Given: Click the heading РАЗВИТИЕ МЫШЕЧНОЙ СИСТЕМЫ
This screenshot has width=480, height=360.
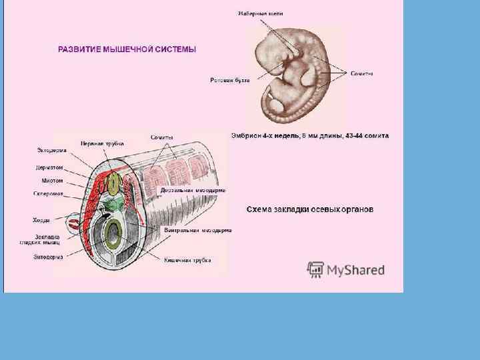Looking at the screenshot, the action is tap(127, 49).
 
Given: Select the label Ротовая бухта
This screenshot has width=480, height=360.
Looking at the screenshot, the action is tap(230, 80).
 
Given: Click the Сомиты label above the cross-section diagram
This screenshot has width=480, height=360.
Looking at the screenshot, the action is tap(162, 137).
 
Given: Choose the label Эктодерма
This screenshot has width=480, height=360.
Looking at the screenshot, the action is tap(51, 150).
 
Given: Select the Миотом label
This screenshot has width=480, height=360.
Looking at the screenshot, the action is tap(52, 180).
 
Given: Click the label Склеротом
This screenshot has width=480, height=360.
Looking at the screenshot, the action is tap(48, 194).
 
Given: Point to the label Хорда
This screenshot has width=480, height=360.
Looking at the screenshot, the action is tap(41, 220).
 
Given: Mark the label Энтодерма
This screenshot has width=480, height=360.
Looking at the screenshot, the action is tap(48, 257).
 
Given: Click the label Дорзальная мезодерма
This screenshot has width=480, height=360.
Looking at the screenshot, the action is tap(193, 190).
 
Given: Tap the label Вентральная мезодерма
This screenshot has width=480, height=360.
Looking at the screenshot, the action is tap(198, 230).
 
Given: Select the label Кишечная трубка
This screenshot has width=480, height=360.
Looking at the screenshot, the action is tap(188, 260).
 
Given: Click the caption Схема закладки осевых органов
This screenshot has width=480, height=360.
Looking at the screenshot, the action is tap(310, 209).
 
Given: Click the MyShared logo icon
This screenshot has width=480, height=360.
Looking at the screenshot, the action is tap(315, 269).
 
